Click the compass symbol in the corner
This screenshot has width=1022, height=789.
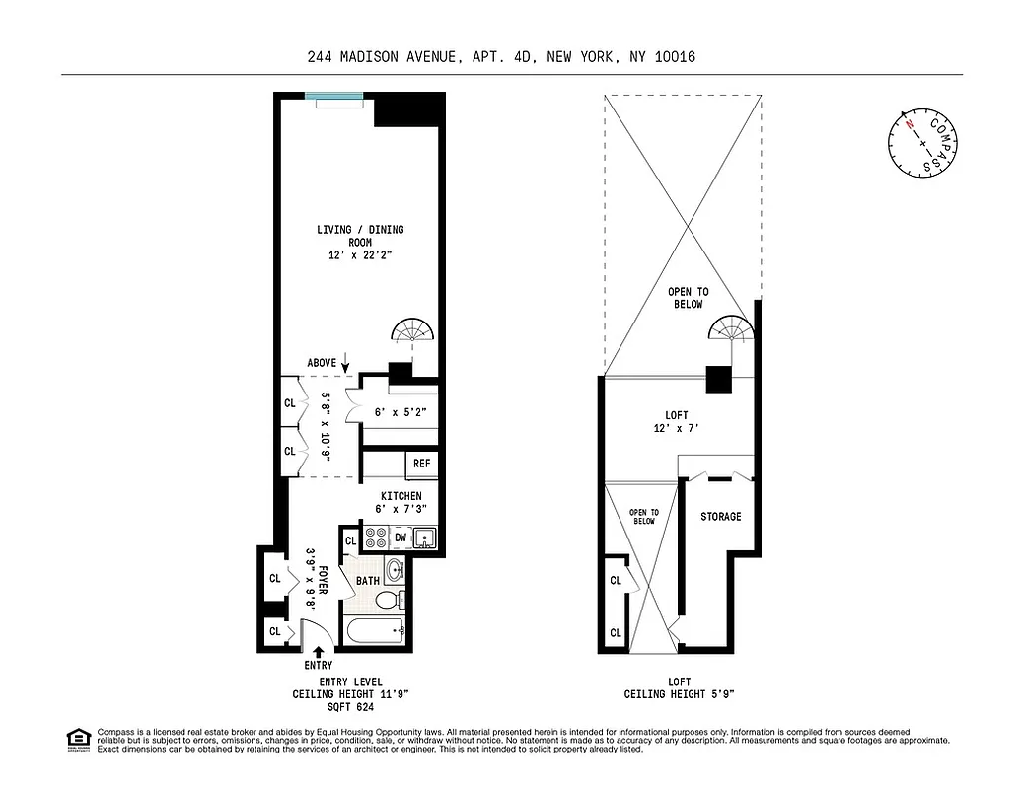[922, 143]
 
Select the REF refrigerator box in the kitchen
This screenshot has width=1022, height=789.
[421, 464]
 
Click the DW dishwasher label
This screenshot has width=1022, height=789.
[401, 538]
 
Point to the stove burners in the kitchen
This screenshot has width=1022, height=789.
[376, 538]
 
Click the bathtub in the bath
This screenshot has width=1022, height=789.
[374, 630]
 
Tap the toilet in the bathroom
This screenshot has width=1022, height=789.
[392, 598]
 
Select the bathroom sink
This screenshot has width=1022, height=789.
[394, 571]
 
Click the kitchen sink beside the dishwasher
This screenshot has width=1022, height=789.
[424, 538]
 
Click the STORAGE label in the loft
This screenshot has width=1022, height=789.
[720, 517]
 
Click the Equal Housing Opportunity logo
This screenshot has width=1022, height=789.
[78, 738]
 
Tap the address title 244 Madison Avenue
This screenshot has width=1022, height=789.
[511, 57]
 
